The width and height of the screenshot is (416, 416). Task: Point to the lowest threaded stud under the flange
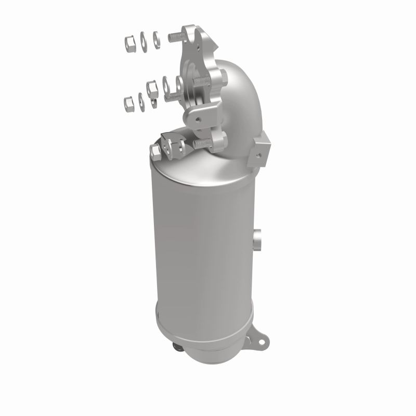pyautogui.click(x=203, y=142)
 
